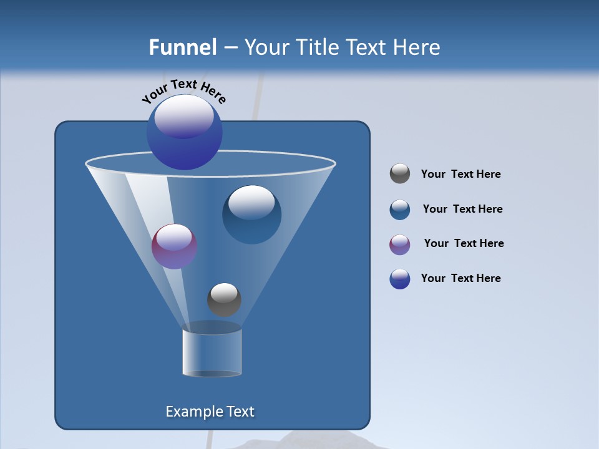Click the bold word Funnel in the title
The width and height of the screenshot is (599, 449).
182,47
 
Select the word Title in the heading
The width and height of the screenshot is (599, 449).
317,47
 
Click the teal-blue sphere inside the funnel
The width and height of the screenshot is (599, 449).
251,215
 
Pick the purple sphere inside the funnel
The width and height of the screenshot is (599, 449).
174,247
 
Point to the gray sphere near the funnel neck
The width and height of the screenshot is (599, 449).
224,299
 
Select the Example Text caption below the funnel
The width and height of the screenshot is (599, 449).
210,412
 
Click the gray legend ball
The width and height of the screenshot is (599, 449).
400,174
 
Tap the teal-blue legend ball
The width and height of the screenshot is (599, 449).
400,210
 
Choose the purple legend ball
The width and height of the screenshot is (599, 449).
400,244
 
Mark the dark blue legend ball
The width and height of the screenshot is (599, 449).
400,279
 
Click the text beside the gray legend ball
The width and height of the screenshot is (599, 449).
460,174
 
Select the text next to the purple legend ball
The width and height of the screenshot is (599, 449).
464,243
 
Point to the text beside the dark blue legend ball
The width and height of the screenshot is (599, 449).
460,278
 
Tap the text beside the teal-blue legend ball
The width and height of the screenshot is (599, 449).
462,209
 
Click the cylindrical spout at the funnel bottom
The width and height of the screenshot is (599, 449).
212,352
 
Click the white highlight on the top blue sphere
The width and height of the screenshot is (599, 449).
183,115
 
